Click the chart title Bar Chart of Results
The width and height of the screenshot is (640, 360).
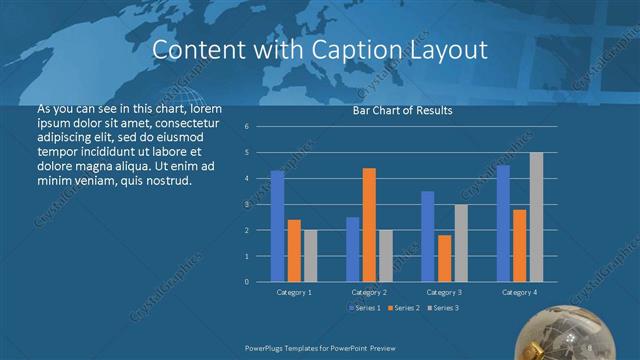(402, 110)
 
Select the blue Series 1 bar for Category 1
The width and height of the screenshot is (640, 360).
(277, 226)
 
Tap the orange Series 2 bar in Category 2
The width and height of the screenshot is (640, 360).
(369, 224)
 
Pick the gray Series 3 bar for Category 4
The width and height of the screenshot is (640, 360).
(536, 217)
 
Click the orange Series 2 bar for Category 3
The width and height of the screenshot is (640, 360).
(444, 258)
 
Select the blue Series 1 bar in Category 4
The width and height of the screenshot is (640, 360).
(503, 223)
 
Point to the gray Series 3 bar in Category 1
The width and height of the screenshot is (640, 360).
(310, 256)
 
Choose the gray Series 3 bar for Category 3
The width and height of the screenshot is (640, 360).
(460, 243)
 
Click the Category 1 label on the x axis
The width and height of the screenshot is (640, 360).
(294, 292)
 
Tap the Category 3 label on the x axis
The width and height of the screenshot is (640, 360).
(444, 292)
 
